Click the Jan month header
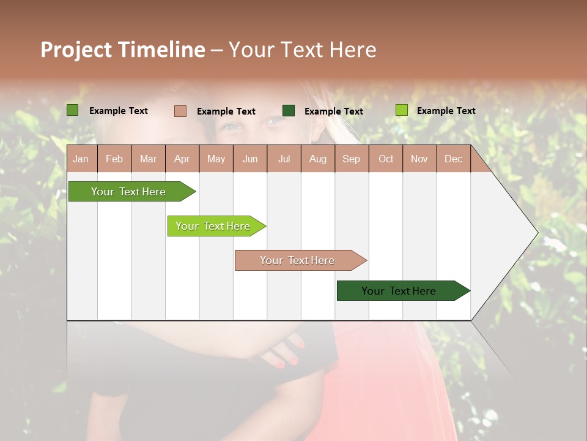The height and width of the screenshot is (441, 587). coord(81,159)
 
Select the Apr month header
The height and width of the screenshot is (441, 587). coord(182,159)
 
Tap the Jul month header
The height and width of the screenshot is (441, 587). coord(284,159)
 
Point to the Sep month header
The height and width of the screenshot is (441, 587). coord(351,159)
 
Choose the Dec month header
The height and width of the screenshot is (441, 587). coord(453,159)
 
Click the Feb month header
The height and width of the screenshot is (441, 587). coord(114,159)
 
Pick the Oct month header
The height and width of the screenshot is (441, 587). coord(386,159)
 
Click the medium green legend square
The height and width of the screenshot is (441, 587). coord(73,110)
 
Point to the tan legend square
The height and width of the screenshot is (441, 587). coord(180,111)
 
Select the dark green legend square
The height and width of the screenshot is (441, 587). coord(289,111)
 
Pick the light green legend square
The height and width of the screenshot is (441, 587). coord(401,110)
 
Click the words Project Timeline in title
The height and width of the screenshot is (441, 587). coord(123,50)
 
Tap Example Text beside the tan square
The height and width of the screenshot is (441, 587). coord(226,111)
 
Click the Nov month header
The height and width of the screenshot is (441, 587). coord(419,159)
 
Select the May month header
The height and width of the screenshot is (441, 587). coord(216,159)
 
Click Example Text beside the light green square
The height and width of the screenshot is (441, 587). coord(446,111)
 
